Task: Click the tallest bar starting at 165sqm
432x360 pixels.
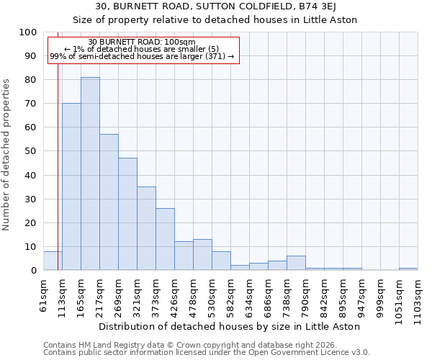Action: [x=90, y=174]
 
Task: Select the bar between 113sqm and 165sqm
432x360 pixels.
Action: [x=71, y=186]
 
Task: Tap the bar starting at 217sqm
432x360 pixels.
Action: [x=109, y=202]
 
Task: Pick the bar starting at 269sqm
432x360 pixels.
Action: [x=127, y=214]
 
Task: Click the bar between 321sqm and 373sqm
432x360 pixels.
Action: [x=146, y=228]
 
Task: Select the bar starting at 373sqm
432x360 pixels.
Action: [x=165, y=239]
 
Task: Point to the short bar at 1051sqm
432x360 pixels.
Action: [x=408, y=269]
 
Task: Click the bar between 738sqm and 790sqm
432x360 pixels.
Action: [x=296, y=263]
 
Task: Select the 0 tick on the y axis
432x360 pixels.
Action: [x=34, y=270]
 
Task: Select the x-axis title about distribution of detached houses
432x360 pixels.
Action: [x=230, y=326]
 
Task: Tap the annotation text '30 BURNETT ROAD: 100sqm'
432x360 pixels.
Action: [x=141, y=42]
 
